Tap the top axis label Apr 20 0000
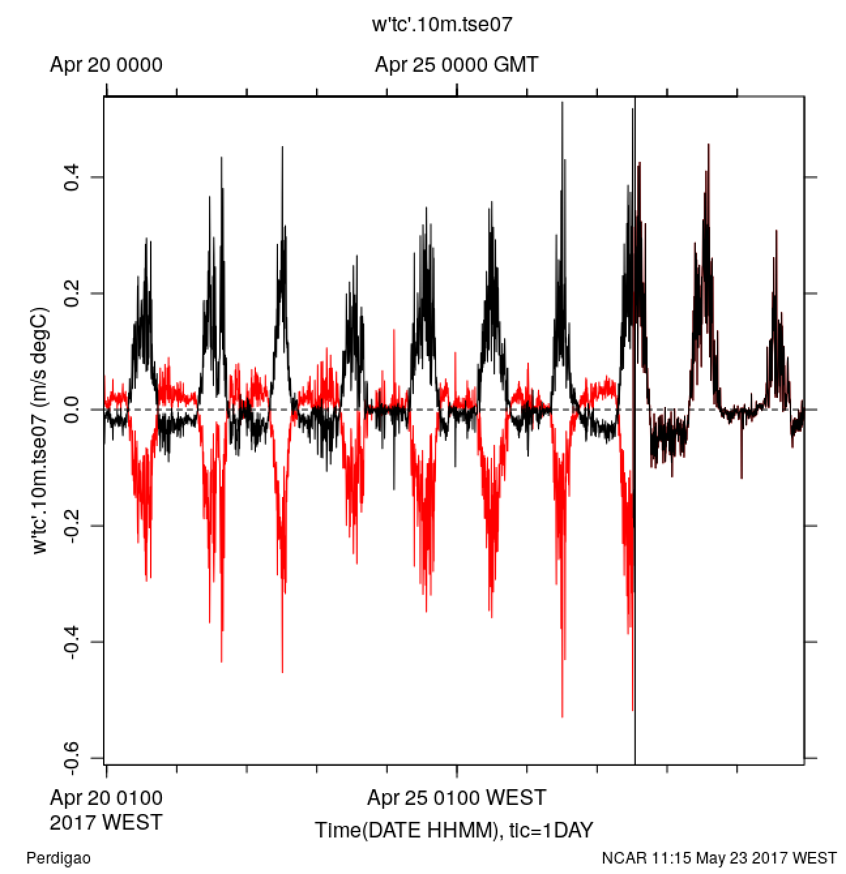(106, 65)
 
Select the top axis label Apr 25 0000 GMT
(457, 65)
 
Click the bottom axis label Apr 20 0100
(106, 797)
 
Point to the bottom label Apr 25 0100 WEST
(456, 797)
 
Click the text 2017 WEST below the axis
(106, 822)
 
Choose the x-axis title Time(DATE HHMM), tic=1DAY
(454, 830)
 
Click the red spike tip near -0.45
(282, 672)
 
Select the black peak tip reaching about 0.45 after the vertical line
(708, 145)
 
